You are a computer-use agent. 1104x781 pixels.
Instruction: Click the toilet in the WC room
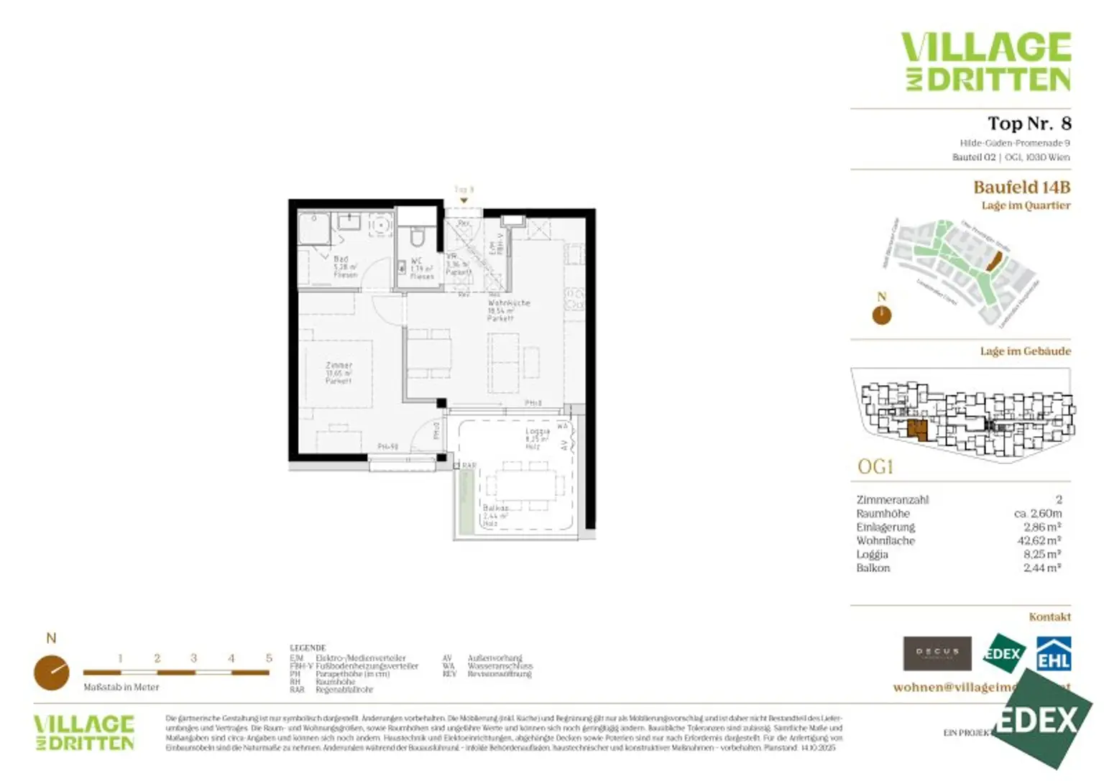(417, 236)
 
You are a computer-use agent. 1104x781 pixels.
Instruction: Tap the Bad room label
(341, 259)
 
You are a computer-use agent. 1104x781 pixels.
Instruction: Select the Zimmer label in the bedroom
(339, 366)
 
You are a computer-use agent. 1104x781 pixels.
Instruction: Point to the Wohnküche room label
(509, 303)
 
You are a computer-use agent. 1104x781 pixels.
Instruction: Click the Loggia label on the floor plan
(537, 432)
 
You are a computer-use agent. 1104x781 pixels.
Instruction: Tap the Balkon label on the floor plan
(495, 508)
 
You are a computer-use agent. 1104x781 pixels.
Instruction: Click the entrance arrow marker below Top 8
(464, 200)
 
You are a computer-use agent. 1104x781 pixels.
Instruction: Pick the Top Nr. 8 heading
(1029, 124)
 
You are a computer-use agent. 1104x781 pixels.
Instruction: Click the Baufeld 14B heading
(1021, 188)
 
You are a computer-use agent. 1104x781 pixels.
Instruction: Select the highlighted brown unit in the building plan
(917, 430)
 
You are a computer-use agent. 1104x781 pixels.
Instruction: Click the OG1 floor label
(875, 467)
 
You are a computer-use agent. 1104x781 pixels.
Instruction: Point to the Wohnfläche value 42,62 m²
(1039, 541)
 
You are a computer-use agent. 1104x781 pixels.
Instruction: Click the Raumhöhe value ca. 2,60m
(1037, 514)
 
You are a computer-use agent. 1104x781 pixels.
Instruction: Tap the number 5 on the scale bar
(269, 658)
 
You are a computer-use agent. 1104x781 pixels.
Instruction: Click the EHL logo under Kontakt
(1053, 654)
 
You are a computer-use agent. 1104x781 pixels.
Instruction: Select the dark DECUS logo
(937, 653)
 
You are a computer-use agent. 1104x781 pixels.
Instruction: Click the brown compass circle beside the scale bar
(52, 673)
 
